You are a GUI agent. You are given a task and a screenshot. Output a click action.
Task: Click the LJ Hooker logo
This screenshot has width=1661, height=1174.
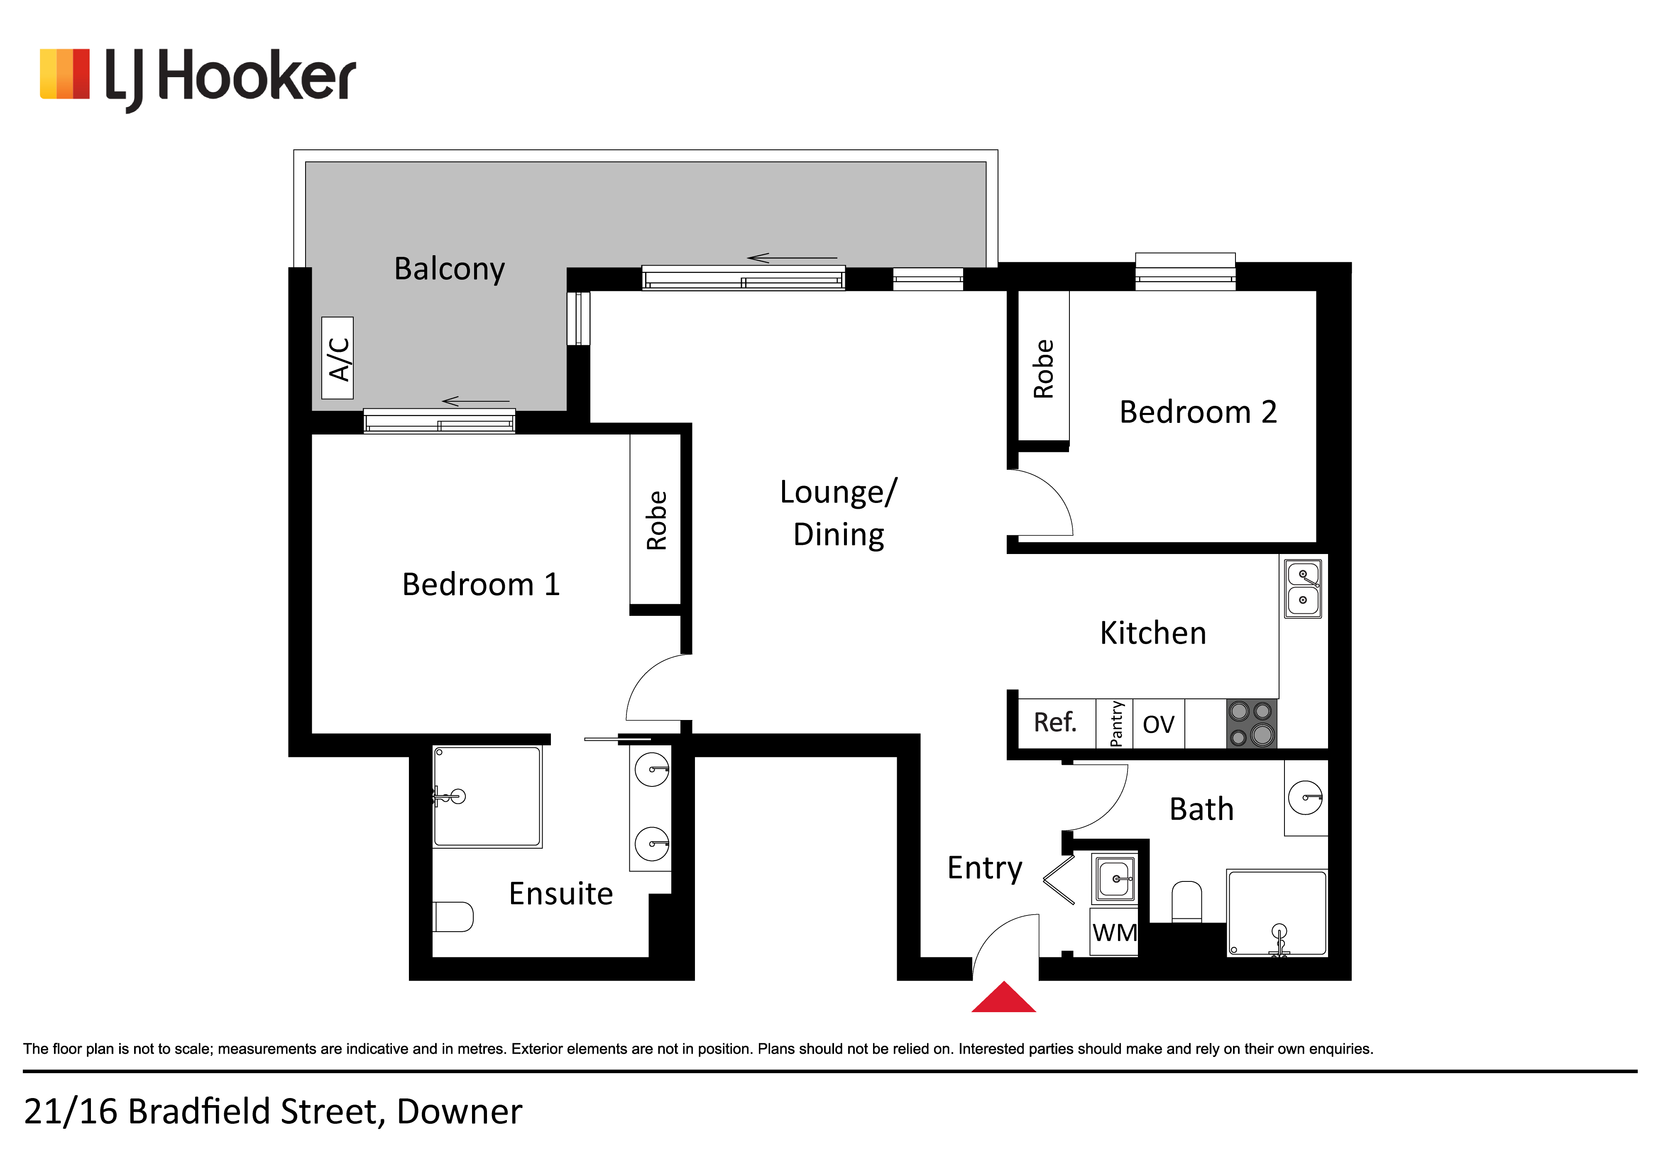[198, 78]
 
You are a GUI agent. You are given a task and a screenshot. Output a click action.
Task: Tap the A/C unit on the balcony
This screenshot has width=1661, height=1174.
[337, 358]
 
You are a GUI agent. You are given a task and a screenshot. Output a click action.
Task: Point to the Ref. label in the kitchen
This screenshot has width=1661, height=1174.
[1055, 722]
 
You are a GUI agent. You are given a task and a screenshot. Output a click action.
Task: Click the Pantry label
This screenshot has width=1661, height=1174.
[1116, 723]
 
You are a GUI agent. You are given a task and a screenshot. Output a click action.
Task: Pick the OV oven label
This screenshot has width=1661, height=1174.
[1158, 724]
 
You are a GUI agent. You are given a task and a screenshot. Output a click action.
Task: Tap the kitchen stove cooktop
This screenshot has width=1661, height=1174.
[1252, 723]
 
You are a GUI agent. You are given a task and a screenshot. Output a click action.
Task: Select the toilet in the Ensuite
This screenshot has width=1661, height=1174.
[453, 916]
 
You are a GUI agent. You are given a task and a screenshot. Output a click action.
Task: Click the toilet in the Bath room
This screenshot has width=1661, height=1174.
[1186, 901]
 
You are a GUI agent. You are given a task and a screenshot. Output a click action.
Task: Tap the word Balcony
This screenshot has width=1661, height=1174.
[449, 269]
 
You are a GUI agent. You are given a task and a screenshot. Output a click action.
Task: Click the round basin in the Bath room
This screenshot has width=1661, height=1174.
[1306, 798]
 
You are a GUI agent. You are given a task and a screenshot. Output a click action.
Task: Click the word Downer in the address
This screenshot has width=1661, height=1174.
[460, 1112]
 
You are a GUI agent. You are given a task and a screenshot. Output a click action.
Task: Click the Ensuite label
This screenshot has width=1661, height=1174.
[561, 894]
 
